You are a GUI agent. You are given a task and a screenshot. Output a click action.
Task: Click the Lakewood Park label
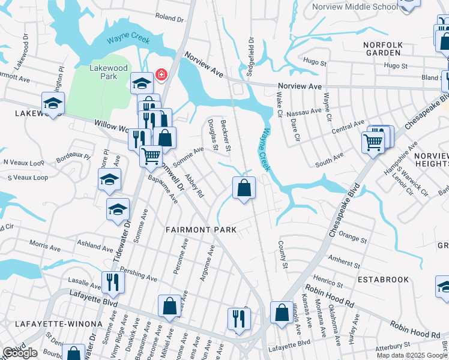(x=108, y=73)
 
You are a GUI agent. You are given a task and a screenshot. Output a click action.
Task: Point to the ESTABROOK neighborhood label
(x=383, y=280)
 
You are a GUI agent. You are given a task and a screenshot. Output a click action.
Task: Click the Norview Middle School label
(x=354, y=7)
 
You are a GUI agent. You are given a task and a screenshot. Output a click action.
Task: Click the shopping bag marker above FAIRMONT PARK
(x=244, y=188)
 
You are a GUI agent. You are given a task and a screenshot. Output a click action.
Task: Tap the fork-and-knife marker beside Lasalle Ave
(x=112, y=281)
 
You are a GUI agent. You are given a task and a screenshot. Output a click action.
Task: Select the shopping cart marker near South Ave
(x=373, y=143)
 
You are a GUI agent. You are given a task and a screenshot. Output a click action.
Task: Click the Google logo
(x=20, y=353)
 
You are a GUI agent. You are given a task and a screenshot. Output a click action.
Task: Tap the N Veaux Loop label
(x=24, y=163)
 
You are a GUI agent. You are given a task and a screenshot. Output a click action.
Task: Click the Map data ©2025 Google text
(x=412, y=355)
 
